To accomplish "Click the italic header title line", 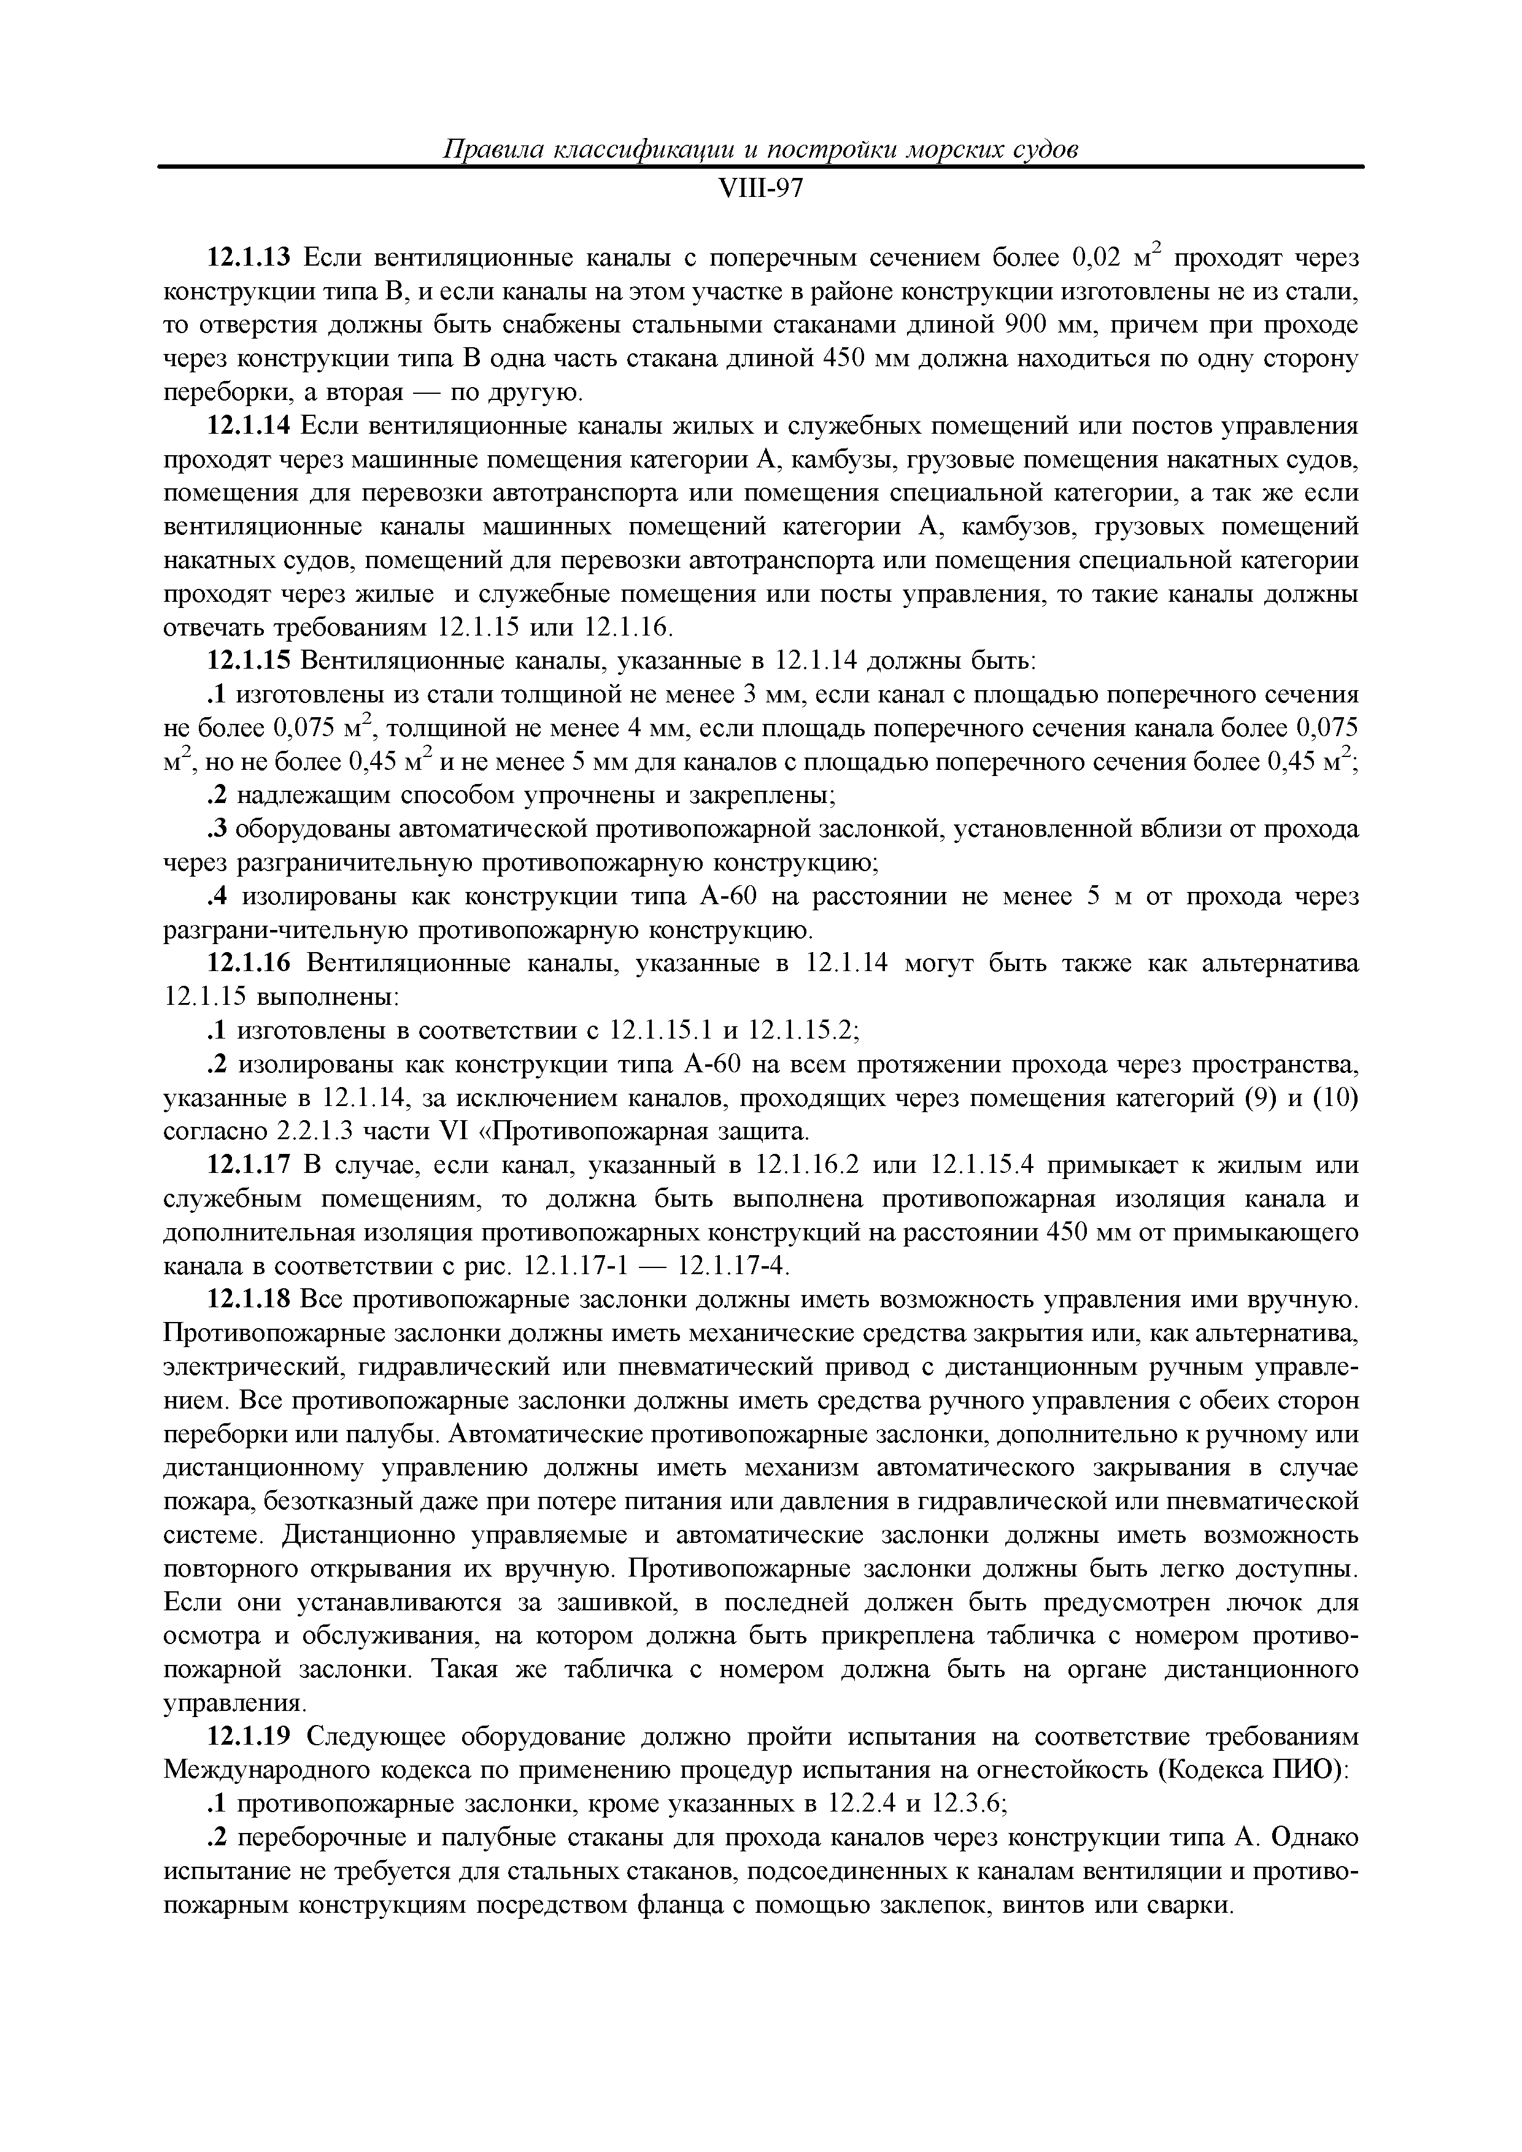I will pos(760,150).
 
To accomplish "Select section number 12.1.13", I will pos(249,258).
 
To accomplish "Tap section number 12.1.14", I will pos(249,426).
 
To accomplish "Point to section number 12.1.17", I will pos(249,1165).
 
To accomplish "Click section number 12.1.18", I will pos(249,1300).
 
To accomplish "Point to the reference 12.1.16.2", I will pos(806,1165).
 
